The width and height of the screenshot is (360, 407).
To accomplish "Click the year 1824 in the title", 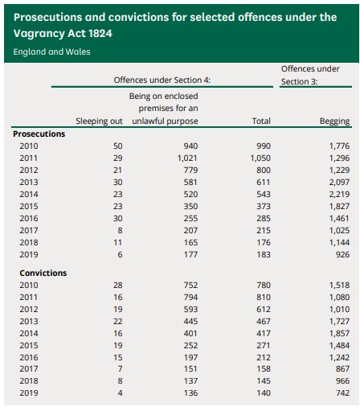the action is click(100, 34).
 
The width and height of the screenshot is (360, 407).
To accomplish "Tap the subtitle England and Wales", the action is click(51, 51).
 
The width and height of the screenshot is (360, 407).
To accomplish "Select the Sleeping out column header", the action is click(99, 121).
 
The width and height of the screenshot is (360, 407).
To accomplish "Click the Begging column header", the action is click(334, 121).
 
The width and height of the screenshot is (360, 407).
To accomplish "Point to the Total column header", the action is click(261, 121).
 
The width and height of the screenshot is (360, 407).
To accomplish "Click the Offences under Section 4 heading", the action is click(162, 80).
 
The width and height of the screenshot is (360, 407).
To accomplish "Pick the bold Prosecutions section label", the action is click(39, 134).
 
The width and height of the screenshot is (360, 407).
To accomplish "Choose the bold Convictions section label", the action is click(43, 273).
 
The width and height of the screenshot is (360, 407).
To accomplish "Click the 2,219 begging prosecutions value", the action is click(339, 194).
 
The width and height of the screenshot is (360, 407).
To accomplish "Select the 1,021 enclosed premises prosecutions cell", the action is click(187, 158).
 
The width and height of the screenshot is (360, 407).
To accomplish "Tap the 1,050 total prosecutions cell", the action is click(260, 158).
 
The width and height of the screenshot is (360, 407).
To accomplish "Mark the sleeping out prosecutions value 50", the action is click(117, 146).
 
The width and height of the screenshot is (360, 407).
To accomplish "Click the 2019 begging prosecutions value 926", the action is click(342, 254).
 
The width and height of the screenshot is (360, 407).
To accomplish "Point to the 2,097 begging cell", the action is click(339, 182).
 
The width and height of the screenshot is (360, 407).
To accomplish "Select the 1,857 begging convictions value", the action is click(339, 333).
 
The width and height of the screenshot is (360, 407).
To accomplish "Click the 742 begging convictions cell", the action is click(342, 393).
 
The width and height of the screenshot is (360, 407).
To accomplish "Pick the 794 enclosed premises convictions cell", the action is click(190, 297).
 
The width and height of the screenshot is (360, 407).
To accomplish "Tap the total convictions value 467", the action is click(264, 321).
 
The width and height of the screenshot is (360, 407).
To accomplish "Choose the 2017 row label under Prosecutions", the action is click(29, 230).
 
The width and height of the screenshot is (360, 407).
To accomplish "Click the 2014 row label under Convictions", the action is click(29, 333).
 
